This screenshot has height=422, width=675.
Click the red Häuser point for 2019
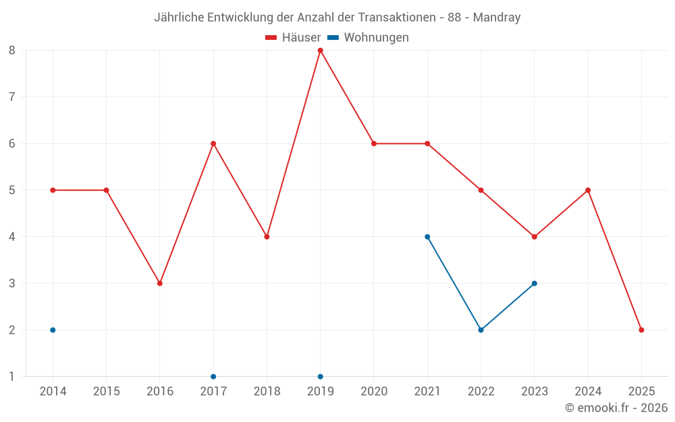coord(321,51)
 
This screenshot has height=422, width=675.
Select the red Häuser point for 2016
coord(160,284)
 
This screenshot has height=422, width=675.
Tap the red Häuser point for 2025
coord(641,330)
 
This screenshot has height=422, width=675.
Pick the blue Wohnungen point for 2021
coord(427,237)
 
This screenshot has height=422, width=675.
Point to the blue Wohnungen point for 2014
coord(53,330)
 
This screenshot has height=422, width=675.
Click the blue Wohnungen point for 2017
coord(213,377)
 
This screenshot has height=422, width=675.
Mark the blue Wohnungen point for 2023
coord(535,284)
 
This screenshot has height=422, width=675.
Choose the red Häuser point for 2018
coord(267,237)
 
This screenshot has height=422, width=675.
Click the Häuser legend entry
coord(293,38)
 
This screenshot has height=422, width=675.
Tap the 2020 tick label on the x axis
coord(374,392)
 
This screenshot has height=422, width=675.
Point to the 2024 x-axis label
coord(588,392)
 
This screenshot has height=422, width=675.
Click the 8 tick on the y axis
coord(12,51)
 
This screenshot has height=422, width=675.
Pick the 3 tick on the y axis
coord(12,284)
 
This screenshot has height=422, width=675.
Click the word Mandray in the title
coord(497,18)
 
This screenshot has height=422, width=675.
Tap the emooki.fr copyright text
coord(616,408)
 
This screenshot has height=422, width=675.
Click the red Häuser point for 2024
coord(588,190)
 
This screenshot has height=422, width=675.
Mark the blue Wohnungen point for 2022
coord(481,330)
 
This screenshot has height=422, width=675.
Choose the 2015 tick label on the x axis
coord(107,392)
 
